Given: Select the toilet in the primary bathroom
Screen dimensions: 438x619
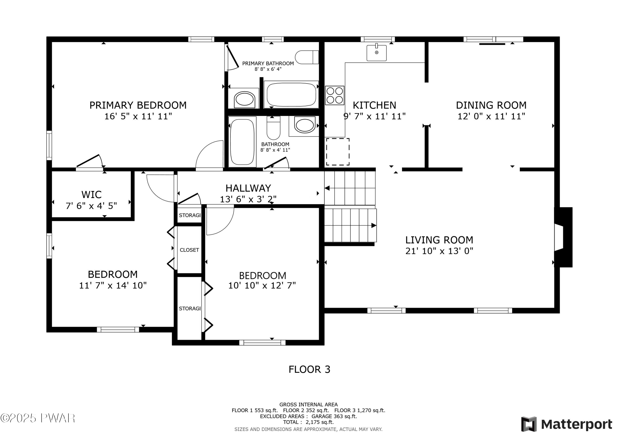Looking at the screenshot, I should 307,57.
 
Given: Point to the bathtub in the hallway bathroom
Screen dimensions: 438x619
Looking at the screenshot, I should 242,142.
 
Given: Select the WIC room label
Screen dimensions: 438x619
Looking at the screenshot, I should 91,195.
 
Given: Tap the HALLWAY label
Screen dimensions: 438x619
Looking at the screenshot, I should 248,188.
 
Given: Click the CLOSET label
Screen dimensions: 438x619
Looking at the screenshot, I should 189,250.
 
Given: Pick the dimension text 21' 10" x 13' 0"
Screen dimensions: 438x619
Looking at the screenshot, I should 439,251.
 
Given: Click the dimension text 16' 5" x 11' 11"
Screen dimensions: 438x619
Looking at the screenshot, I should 138,116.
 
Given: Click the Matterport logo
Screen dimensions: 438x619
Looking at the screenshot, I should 566,424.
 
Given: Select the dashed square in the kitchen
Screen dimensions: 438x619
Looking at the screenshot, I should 338,152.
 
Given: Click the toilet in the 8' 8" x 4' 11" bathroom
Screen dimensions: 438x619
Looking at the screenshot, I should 273,128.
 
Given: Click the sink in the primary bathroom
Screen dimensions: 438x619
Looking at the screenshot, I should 244,99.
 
